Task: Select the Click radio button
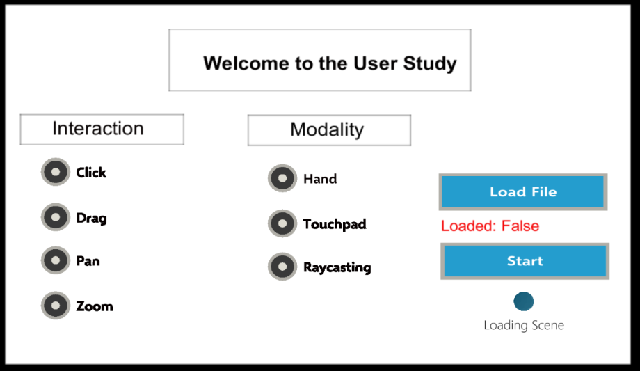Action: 56,172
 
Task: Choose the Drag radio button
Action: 56,217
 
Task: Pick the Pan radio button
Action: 56,260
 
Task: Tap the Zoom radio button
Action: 56,305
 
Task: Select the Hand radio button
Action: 282,178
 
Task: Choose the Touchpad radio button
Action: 282,223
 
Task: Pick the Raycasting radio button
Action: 282,267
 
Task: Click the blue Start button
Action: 525,261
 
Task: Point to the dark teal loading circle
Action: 524,301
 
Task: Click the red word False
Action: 520,226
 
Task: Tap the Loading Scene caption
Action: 524,325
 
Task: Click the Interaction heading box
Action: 102,129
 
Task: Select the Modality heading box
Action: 329,130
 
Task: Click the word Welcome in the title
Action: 246,63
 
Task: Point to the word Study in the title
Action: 430,64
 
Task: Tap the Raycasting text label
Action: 337,267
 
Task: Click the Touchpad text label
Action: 335,224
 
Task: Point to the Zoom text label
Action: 95,306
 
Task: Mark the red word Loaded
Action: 468,226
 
